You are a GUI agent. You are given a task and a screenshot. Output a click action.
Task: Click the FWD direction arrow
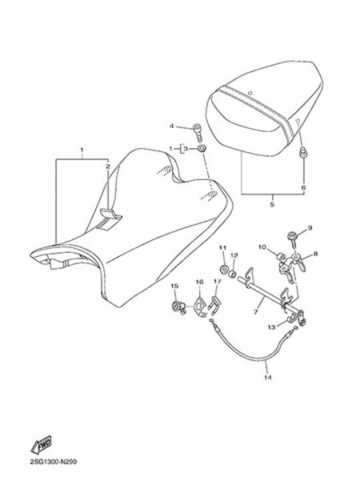pos(41,445)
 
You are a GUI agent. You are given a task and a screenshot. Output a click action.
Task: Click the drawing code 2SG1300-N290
pos(53,462)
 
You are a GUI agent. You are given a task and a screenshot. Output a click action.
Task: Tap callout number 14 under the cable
pos(267,377)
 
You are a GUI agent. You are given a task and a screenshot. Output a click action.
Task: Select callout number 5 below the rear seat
pos(272,204)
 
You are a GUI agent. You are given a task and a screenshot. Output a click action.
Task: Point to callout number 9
pos(310,227)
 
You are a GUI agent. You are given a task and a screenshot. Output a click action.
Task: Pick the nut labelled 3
pos(201,148)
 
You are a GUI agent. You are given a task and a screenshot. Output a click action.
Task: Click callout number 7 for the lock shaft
pos(256,312)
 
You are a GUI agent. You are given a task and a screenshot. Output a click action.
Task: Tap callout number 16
pos(199,282)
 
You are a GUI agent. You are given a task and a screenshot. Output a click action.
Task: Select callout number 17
pos(217,281)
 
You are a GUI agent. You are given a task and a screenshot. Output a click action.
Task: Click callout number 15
pos(175,286)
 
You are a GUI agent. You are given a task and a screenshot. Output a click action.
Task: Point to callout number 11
pos(223,247)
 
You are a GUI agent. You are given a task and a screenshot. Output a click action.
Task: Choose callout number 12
pos(234,255)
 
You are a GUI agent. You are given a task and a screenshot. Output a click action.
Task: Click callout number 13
pos(271,327)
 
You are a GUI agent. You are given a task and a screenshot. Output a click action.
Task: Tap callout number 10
pos(262,247)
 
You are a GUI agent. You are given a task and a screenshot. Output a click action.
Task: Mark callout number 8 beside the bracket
pos(315,254)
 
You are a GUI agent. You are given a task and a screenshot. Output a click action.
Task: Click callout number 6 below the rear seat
pos(303,187)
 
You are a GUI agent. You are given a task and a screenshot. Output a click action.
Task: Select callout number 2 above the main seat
pos(108,166)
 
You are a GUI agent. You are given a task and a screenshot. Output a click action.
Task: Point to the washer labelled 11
pos(224,270)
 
